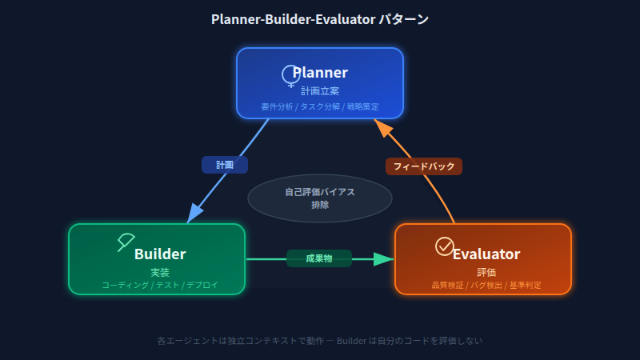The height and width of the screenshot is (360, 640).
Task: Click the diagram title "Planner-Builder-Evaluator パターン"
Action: [x=320, y=18]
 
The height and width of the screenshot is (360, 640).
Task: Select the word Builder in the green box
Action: [x=160, y=254]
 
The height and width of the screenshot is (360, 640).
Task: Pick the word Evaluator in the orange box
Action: [x=486, y=254]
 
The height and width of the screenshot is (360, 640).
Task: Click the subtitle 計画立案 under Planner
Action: [x=320, y=91]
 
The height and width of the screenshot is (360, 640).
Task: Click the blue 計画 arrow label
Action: [x=225, y=165]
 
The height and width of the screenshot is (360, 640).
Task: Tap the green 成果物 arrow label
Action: [x=319, y=258]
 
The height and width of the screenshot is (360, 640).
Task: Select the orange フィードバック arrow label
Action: [x=424, y=166]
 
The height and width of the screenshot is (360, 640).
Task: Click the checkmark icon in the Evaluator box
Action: [x=444, y=246]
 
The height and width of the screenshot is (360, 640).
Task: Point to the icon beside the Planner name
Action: [x=290, y=75]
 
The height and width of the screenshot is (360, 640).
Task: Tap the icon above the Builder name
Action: [x=126, y=241]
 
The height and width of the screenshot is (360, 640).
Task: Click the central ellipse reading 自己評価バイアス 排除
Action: [x=320, y=198]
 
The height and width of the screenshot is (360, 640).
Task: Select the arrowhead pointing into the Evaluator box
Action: [x=385, y=258]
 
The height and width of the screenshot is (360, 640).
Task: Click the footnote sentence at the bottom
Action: [x=320, y=341]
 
